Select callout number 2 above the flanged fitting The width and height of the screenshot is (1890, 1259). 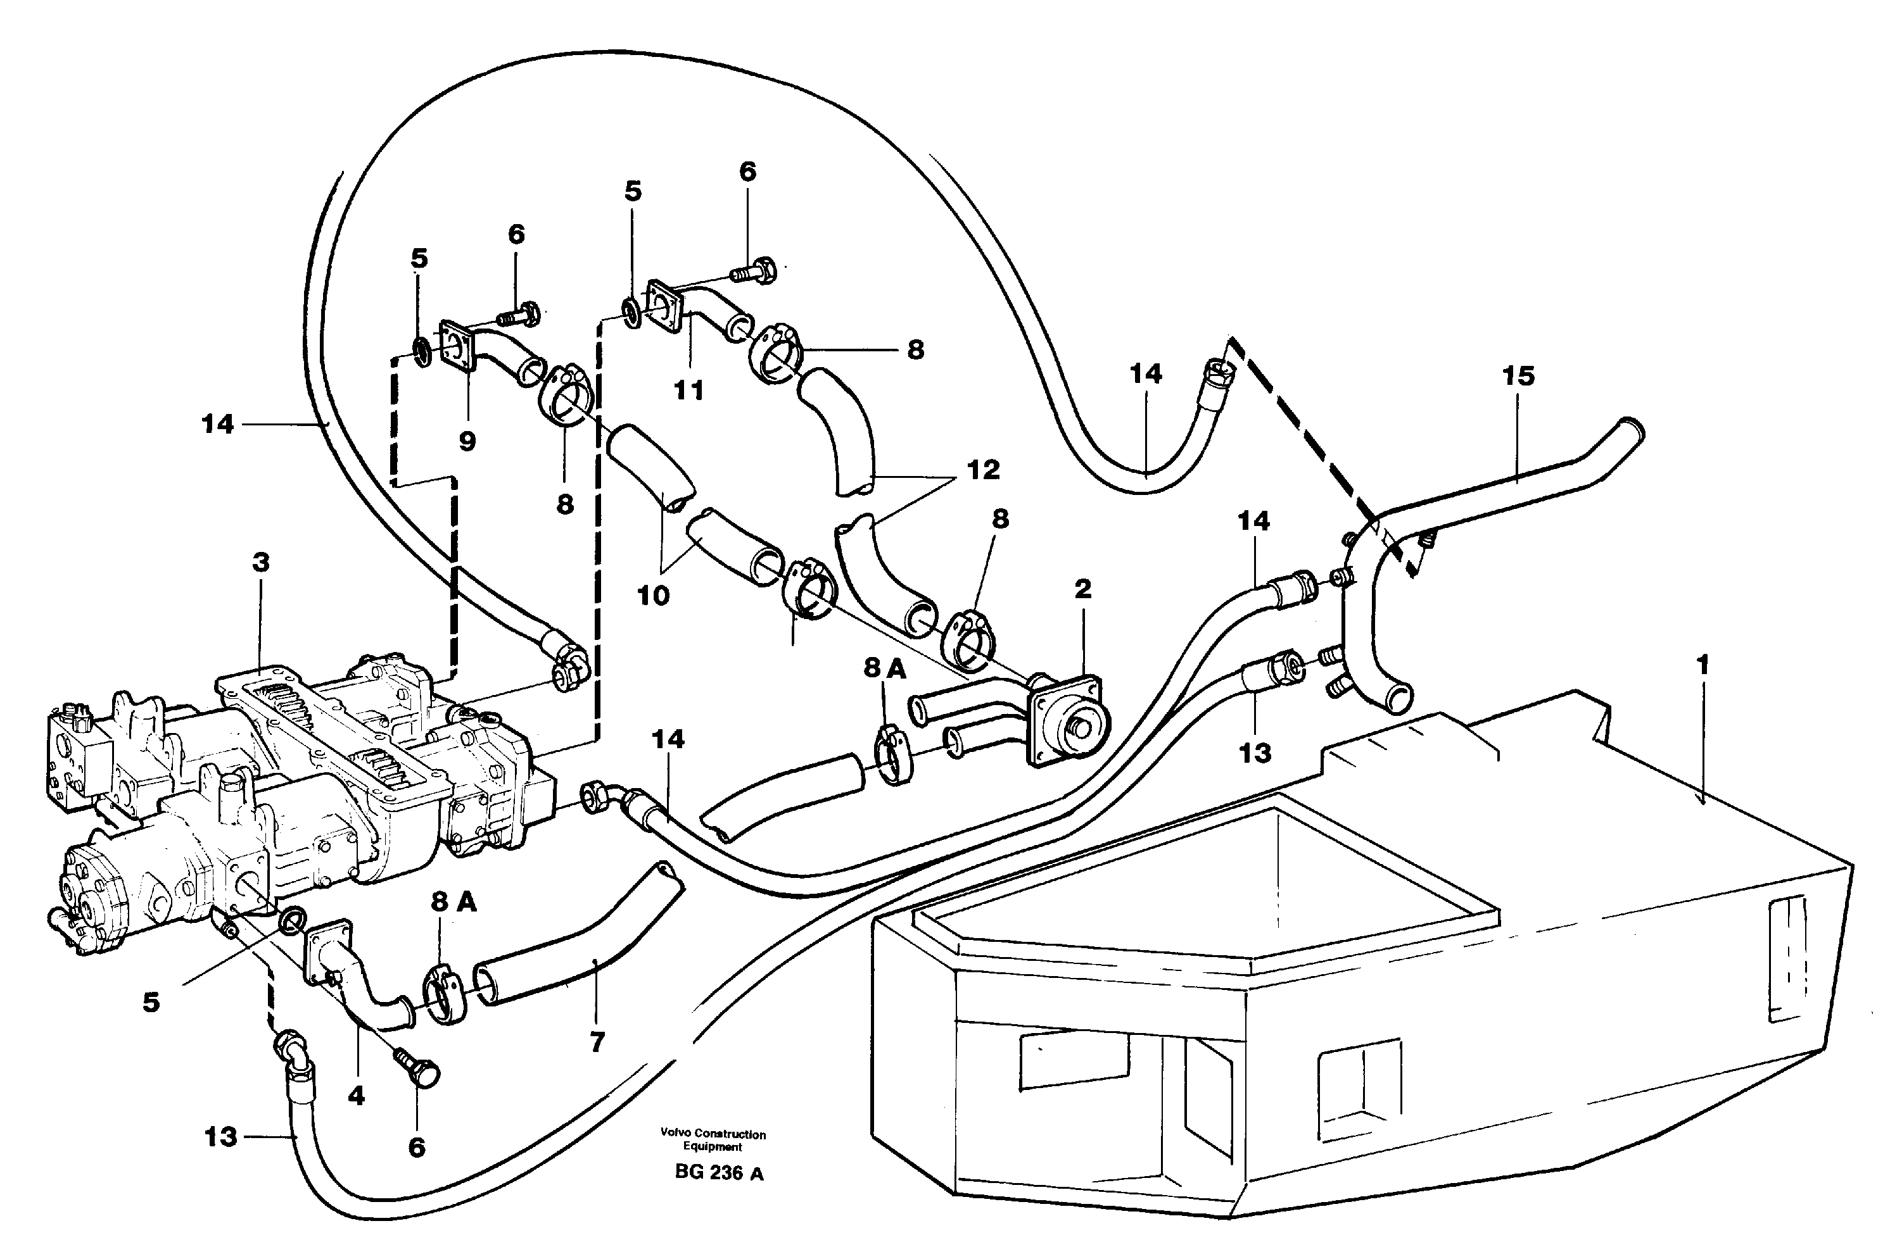[1082, 589]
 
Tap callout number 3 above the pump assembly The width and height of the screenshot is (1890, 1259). [260, 563]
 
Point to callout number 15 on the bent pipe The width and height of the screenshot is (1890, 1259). [1518, 376]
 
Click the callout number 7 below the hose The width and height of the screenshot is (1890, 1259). [597, 1043]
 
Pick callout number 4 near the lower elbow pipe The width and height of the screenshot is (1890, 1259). [357, 1095]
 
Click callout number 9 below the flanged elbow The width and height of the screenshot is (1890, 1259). [467, 440]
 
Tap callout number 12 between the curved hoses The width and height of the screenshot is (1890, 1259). [982, 470]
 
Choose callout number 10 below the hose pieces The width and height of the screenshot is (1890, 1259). [653, 596]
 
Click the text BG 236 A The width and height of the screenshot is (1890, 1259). [719, 1173]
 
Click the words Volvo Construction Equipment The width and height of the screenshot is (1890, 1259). [713, 1140]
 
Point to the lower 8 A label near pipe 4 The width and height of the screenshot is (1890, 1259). [454, 902]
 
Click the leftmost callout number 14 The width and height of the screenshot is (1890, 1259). [217, 424]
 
